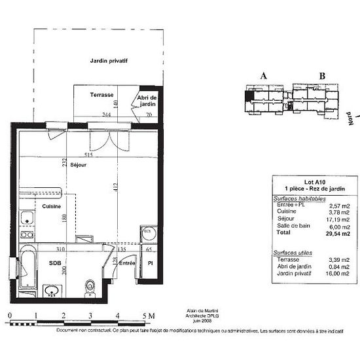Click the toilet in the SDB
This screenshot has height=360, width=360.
point(90,286)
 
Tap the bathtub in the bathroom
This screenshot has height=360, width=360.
point(29,267)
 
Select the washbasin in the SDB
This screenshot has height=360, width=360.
point(51,289)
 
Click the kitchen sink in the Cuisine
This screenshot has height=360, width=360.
point(27,218)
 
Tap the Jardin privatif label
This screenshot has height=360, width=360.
point(108,61)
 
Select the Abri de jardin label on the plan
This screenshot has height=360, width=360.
point(147,101)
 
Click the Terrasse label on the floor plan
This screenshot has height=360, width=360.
point(102,94)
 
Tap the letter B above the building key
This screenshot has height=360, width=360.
point(321,76)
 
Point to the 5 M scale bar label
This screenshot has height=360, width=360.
point(148,316)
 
